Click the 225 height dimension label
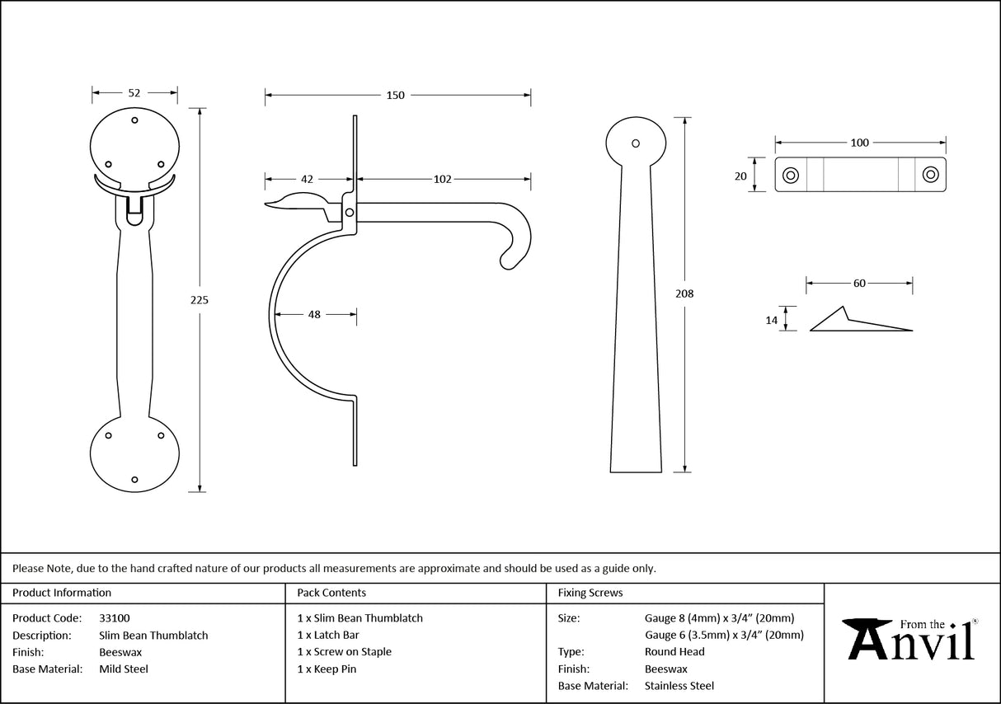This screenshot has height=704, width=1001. point(199,300)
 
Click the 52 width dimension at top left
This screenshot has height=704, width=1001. point(134,93)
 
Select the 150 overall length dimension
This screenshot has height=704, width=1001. point(396,96)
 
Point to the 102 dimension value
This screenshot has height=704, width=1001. point(442,179)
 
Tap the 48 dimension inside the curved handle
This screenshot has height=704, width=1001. point(315,314)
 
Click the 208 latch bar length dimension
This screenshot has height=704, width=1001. point(684,293)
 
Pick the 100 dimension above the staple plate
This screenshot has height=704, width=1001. point(859,143)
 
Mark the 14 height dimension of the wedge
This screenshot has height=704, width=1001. point(772,320)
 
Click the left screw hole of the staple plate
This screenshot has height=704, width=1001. point(790,175)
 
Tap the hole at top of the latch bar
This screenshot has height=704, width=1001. point(635,143)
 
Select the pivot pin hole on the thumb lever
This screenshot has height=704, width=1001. point(350,213)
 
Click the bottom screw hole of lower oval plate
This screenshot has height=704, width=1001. point(135,479)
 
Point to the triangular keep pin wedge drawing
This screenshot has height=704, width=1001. point(858,322)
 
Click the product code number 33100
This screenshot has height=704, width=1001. point(114,617)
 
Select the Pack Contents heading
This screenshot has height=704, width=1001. point(331,593)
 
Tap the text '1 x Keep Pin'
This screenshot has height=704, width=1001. point(327,669)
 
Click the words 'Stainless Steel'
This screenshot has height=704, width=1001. point(679,686)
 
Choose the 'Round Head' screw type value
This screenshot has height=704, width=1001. point(674,652)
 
